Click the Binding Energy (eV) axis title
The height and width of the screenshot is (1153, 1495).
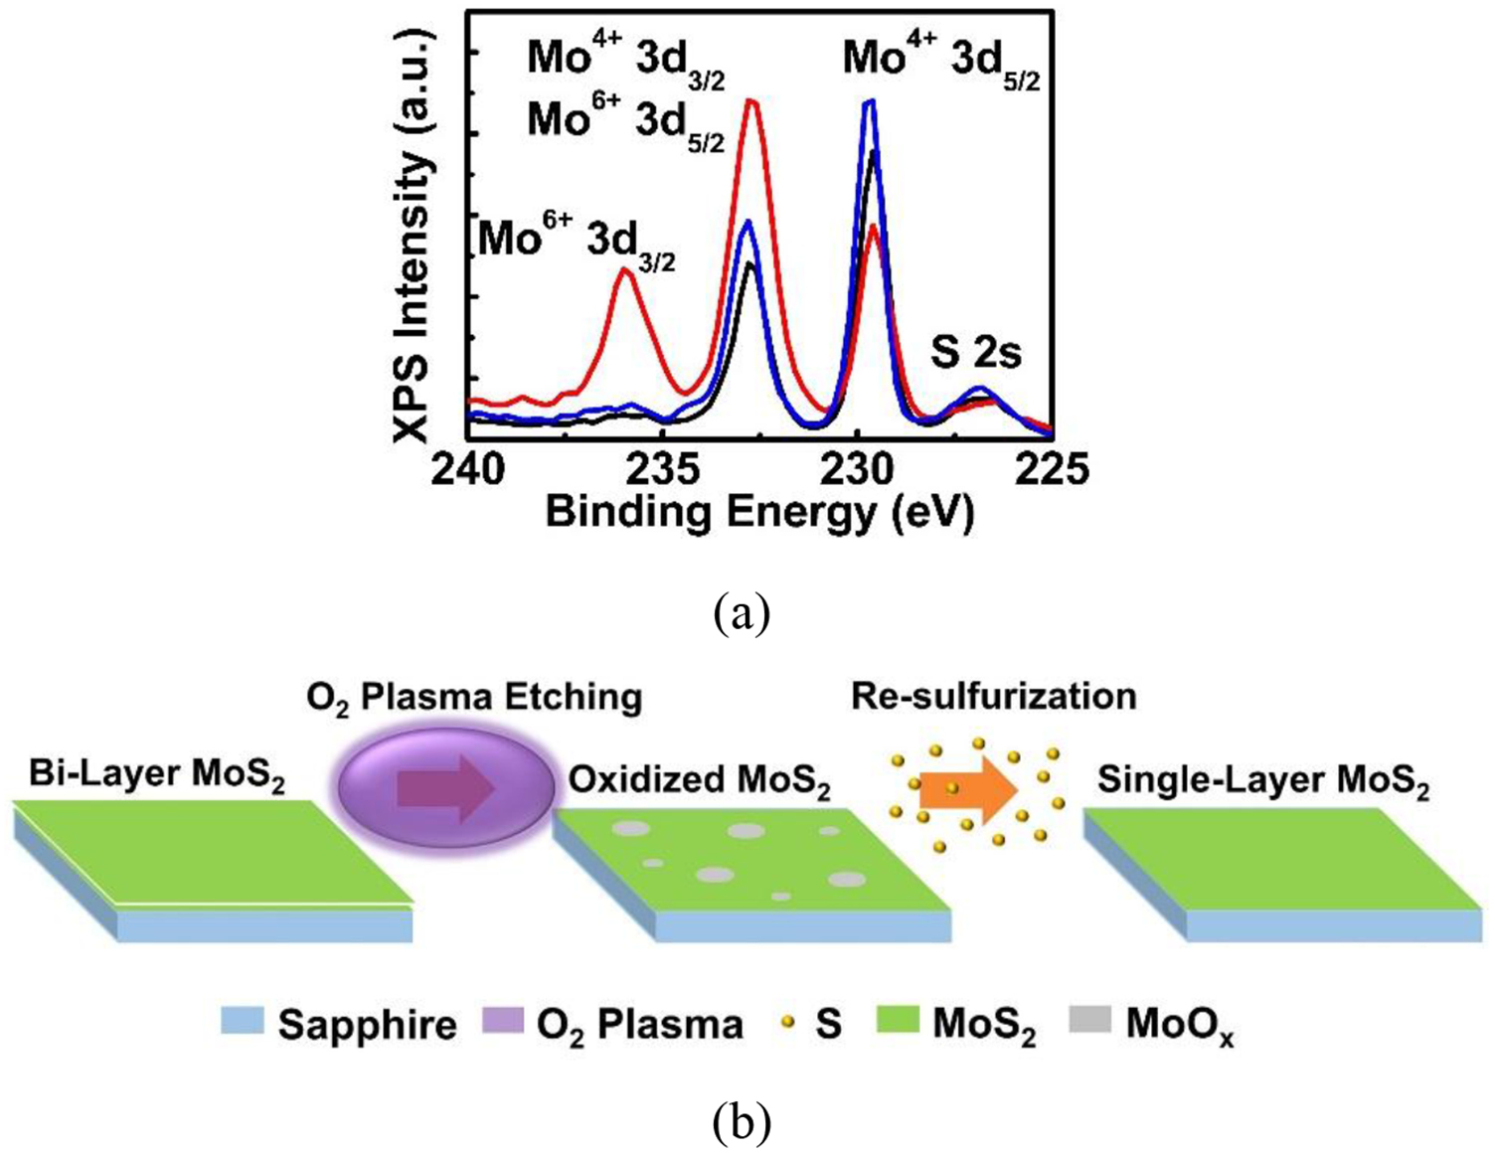759,513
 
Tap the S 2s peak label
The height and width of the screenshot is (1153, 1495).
975,352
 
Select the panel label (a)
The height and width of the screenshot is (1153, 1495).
742,614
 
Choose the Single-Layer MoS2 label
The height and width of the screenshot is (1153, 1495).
1262,782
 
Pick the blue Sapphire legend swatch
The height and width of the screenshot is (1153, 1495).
243,1022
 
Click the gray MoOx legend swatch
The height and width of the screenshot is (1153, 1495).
1090,1022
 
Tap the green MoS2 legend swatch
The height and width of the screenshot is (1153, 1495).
898,1022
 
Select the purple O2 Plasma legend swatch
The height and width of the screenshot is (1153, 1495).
503,1022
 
